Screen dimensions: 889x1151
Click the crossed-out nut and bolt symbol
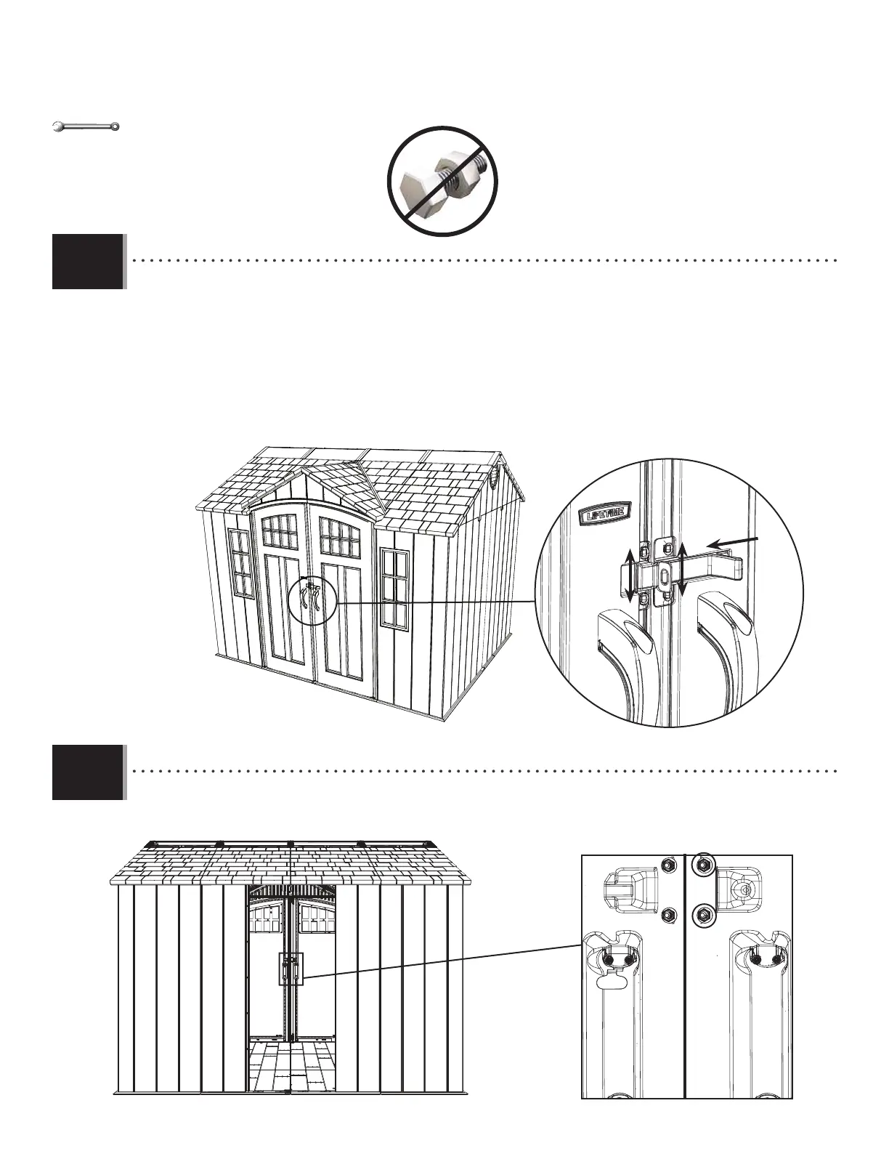(x=442, y=181)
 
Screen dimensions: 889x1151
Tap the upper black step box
(x=88, y=262)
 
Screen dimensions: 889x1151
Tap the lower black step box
(x=88, y=772)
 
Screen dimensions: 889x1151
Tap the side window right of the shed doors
(x=395, y=589)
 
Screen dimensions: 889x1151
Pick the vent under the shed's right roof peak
(x=496, y=476)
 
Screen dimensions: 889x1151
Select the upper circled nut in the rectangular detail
(x=702, y=864)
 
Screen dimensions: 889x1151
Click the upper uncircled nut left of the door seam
(x=666, y=864)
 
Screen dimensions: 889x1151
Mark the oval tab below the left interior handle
(x=609, y=982)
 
